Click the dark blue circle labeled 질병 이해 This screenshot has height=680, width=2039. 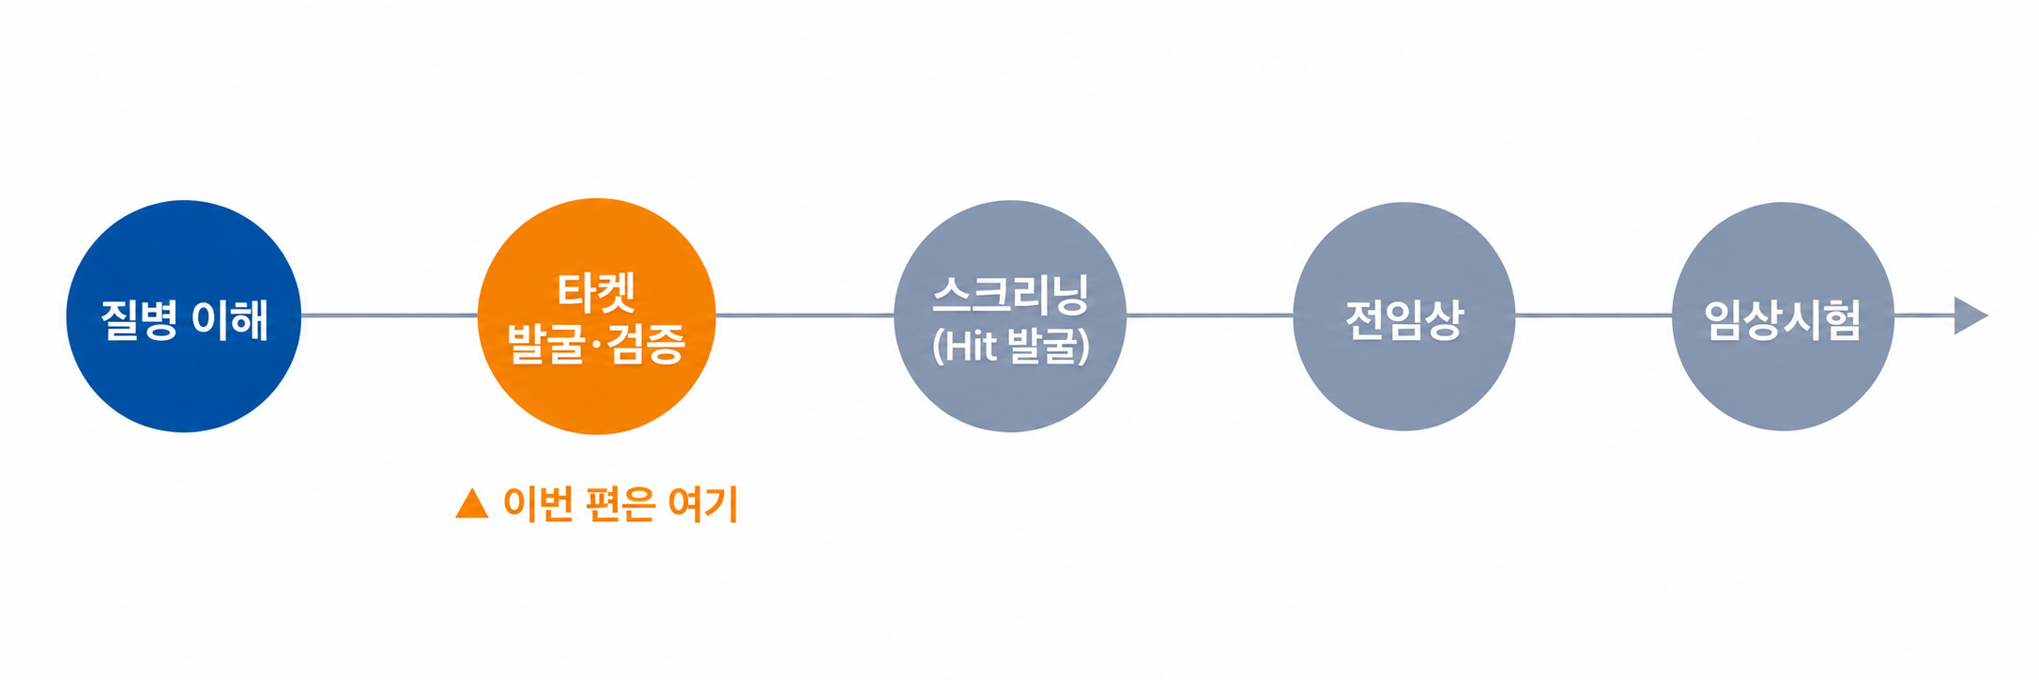[x=184, y=317]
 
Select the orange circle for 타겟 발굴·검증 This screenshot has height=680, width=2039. [x=597, y=317]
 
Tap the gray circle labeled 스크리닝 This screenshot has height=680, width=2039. [x=1010, y=317]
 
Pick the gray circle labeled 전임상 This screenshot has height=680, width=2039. [x=1404, y=317]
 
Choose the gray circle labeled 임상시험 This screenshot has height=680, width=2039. [x=1784, y=317]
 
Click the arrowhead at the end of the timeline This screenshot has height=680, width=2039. [x=1971, y=316]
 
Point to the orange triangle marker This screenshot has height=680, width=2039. [x=472, y=503]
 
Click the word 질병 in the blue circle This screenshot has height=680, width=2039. [x=139, y=319]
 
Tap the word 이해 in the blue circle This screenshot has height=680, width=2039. [x=230, y=319]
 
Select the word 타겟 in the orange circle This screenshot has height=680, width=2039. [x=597, y=292]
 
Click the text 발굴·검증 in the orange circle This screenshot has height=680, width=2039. [x=597, y=343]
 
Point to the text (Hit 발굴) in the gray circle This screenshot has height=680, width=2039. [x=1011, y=346]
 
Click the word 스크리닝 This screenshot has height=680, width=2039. [x=1011, y=295]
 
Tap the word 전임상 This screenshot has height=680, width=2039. [x=1404, y=319]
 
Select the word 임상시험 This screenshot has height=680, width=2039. [x=1783, y=319]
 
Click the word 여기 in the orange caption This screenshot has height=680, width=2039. [x=703, y=504]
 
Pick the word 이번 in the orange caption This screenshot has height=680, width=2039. [x=539, y=504]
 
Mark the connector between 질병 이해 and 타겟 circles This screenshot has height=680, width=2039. [x=390, y=316]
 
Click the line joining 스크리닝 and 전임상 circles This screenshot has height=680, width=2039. [x=1210, y=316]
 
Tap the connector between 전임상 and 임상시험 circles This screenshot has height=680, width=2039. [x=1594, y=316]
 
